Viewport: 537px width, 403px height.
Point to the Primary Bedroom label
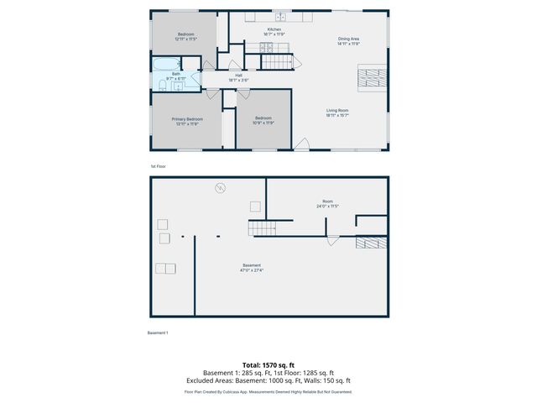pos(185,121)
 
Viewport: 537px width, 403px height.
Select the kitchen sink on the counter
pos(282,17)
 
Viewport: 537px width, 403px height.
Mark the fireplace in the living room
pos(369,77)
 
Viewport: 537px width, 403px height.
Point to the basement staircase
pos(262,228)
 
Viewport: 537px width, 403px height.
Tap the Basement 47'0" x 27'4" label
pos(252,268)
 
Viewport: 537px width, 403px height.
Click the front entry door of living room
pos(300,148)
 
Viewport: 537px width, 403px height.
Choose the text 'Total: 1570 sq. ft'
pos(268,365)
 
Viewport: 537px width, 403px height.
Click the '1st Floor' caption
pos(159,166)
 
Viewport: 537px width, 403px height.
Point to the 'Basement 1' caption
pos(158,333)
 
